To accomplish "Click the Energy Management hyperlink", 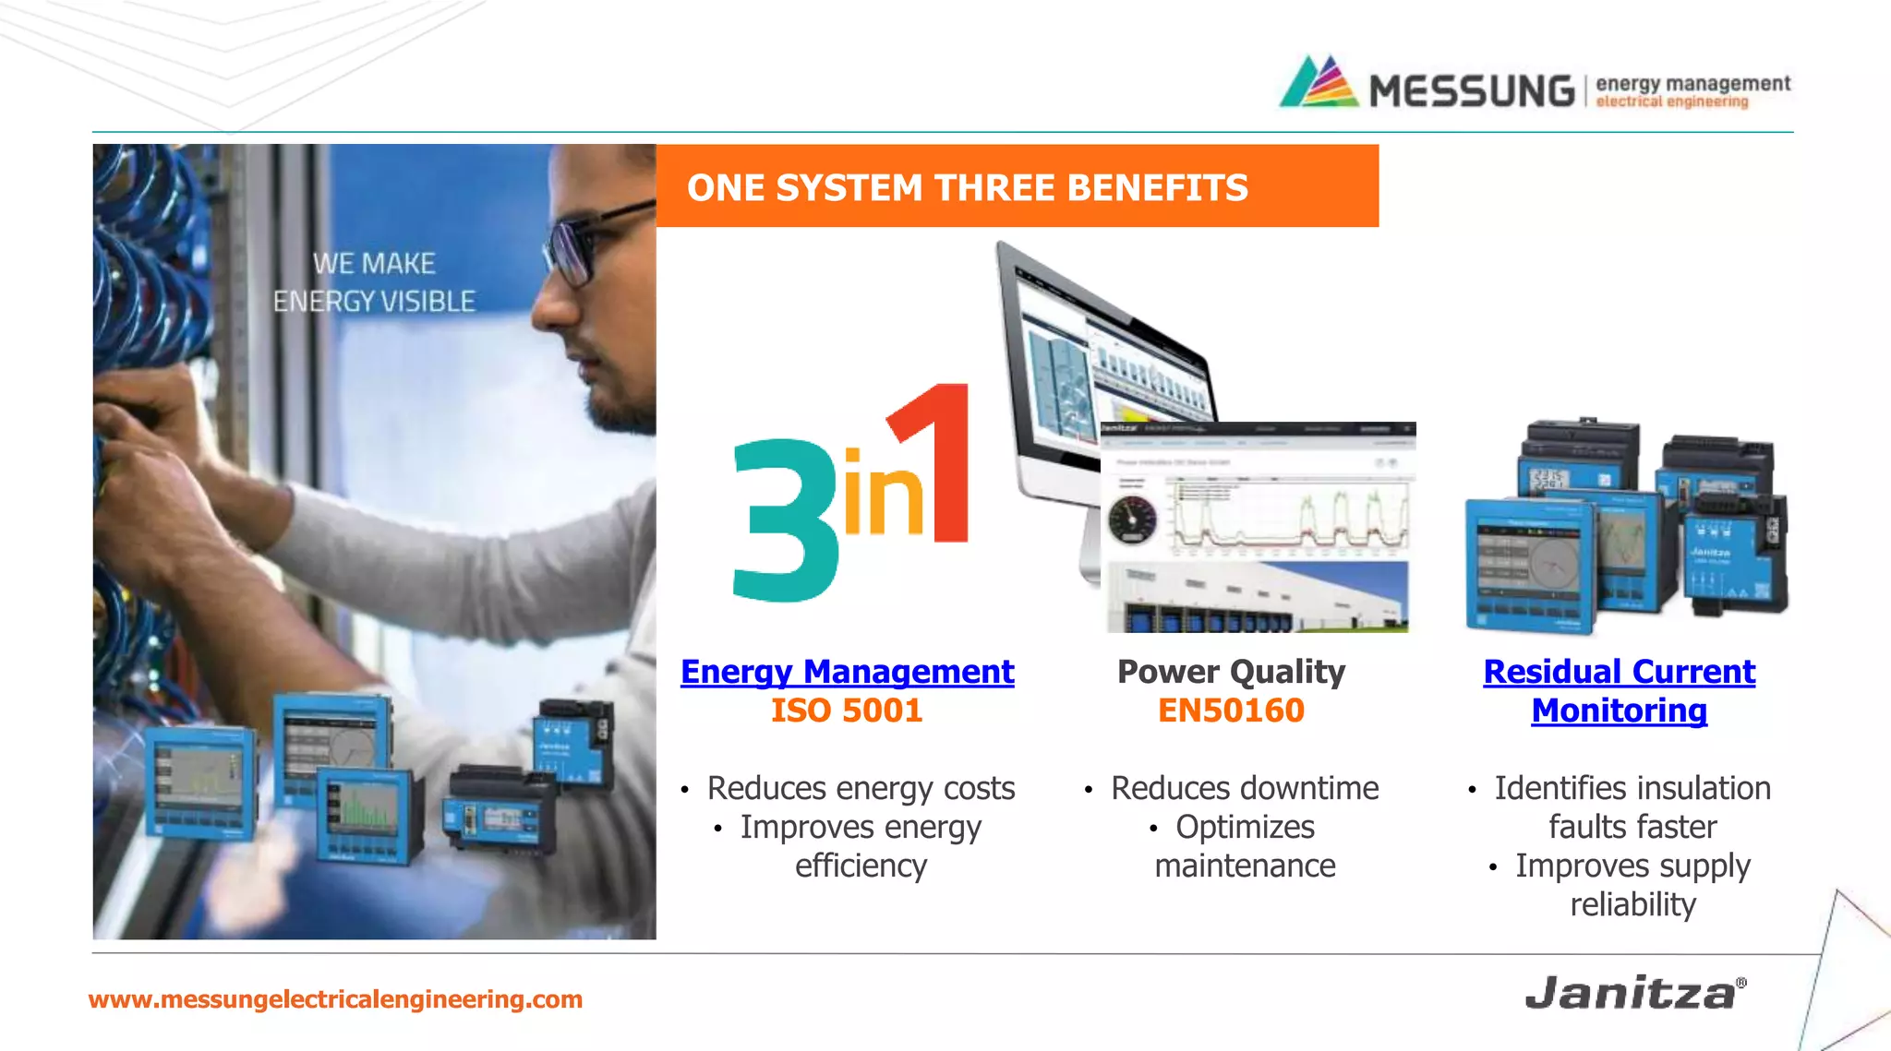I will click(x=847, y=672).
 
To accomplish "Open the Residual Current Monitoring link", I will click(x=1619, y=691).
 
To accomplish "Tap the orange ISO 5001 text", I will click(x=847, y=711).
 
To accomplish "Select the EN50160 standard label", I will click(x=1231, y=711).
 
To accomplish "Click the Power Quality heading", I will click(x=1231, y=672).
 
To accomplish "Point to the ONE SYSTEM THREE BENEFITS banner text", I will click(x=967, y=188).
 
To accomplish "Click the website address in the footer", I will click(x=335, y=999).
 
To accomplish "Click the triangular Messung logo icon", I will click(x=1319, y=83).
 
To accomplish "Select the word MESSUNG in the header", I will click(x=1472, y=91).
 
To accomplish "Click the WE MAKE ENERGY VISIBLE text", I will click(x=374, y=282).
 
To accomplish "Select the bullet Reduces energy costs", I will click(x=861, y=789).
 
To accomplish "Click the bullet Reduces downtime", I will click(x=1244, y=789).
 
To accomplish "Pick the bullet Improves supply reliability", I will click(x=1632, y=885).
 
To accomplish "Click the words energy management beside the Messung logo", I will click(x=1692, y=83).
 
